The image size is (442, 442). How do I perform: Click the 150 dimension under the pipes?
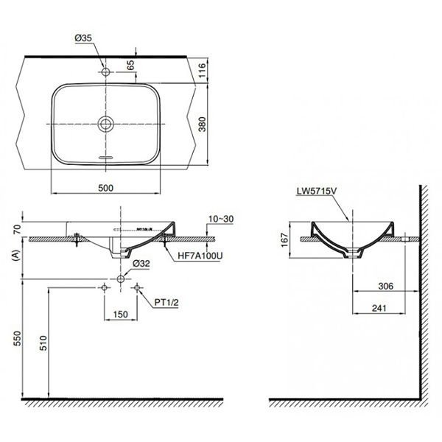(x=122, y=314)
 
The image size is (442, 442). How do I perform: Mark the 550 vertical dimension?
(x=16, y=338)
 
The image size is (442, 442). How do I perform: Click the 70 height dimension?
(x=16, y=228)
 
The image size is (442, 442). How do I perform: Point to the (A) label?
(x=16, y=255)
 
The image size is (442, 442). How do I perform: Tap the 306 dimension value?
(x=382, y=286)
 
